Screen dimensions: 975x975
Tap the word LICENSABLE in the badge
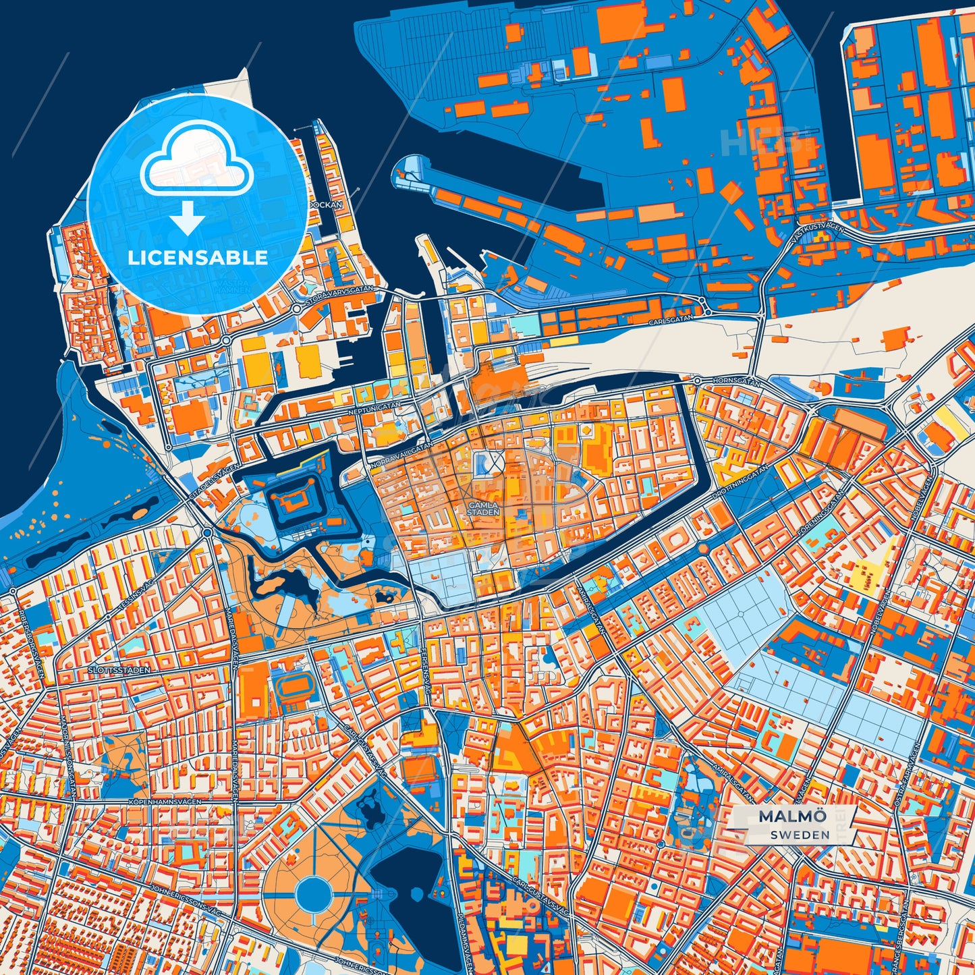[x=198, y=258]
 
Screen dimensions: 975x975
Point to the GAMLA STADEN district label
[x=484, y=508]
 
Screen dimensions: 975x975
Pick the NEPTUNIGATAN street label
[x=376, y=407]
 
